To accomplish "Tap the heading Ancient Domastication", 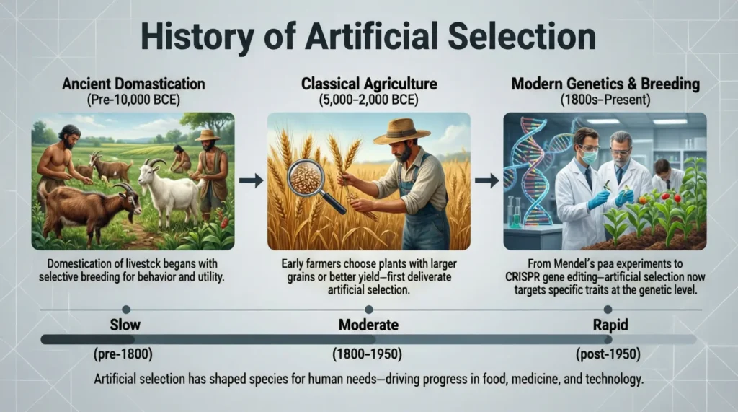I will pyautogui.click(x=133, y=84).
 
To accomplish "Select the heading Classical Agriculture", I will pyautogui.click(x=368, y=84).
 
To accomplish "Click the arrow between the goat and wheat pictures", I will pyautogui.click(x=251, y=180).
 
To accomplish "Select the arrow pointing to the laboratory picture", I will pyautogui.click(x=487, y=180).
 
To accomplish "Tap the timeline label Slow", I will pyautogui.click(x=125, y=325).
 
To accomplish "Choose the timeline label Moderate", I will pyautogui.click(x=368, y=325).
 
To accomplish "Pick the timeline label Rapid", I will pyautogui.click(x=610, y=325).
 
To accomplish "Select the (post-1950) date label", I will pyautogui.click(x=610, y=355).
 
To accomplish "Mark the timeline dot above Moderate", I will pyautogui.click(x=368, y=309).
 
